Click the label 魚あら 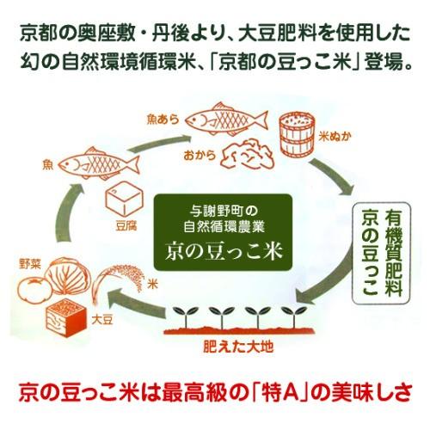pos(163,120)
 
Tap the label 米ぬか pos(335,137)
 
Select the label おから pos(200,156)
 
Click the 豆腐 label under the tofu pos(126,226)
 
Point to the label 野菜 pos(30,264)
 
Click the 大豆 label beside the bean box pos(102,320)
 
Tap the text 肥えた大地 pos(238,347)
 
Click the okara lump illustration pos(247,153)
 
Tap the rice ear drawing pos(120,282)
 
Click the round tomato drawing pos(34,290)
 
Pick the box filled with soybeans pos(66,318)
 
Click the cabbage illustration pos(68,276)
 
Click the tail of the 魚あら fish pos(261,120)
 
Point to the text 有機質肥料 pos(394,252)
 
